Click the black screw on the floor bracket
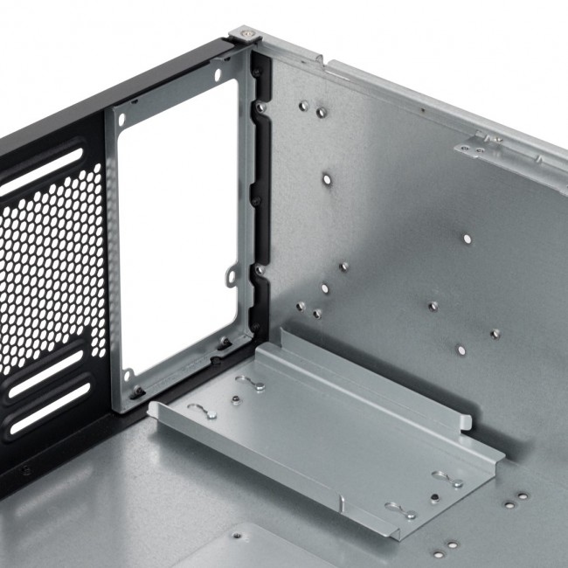(434, 498)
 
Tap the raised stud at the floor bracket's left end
(236, 400)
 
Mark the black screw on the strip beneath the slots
(26, 469)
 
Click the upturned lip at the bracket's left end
(155, 408)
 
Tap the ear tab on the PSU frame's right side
(231, 276)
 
